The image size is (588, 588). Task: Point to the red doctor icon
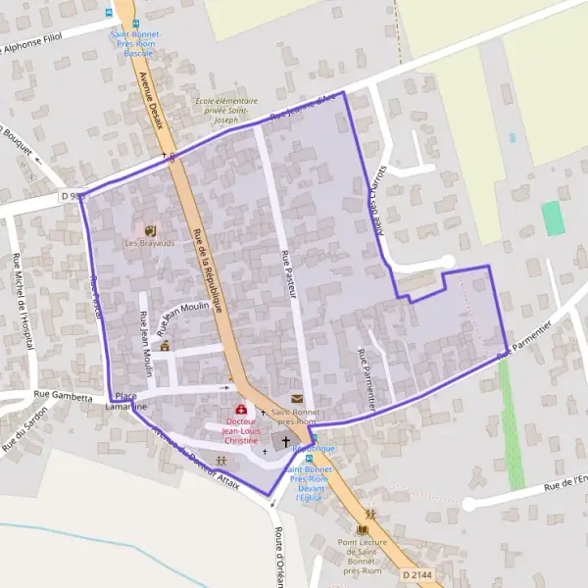(241, 410)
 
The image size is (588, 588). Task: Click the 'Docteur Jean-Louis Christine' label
(240, 430)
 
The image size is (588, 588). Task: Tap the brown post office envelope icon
(297, 398)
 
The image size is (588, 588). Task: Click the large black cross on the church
(287, 442)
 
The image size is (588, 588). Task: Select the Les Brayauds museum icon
(149, 230)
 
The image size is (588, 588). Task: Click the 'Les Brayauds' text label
(149, 243)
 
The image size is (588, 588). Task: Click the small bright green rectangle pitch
(554, 218)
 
